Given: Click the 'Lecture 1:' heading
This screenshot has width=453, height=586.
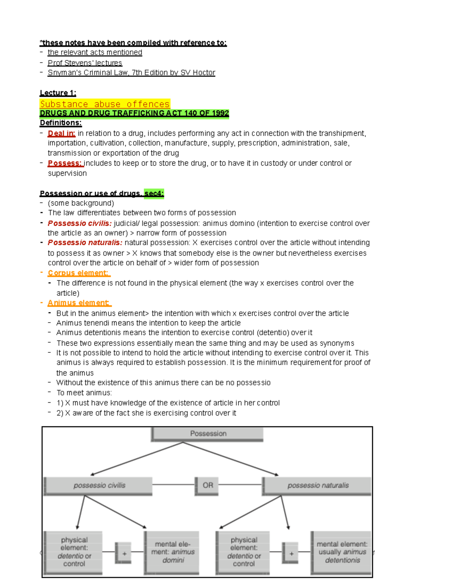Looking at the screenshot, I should click(x=58, y=93).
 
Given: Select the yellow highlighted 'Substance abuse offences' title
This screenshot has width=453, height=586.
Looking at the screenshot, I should click(x=105, y=104).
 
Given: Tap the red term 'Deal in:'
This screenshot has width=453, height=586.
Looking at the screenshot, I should click(x=61, y=133).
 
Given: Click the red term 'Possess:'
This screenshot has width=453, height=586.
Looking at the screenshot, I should click(x=65, y=163).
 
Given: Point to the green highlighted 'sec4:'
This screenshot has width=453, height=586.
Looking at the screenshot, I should click(x=154, y=193).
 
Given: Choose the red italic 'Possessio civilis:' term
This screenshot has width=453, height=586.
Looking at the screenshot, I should click(x=79, y=223).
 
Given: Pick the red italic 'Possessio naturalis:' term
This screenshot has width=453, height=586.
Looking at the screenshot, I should click(x=85, y=242).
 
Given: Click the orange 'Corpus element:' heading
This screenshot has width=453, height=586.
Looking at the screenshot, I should click(x=78, y=273).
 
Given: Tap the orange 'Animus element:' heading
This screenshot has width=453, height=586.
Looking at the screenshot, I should click(x=78, y=303).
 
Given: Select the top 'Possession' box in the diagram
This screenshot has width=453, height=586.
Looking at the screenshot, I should click(x=208, y=434).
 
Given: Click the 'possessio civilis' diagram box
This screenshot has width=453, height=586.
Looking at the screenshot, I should click(x=99, y=485).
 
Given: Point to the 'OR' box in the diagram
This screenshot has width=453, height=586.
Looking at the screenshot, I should click(x=207, y=485).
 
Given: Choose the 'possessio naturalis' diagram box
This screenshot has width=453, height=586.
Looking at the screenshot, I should click(x=317, y=485).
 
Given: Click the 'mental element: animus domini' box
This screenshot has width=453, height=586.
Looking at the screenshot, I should click(x=173, y=552).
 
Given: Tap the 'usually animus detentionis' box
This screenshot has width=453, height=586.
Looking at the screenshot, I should click(x=342, y=552).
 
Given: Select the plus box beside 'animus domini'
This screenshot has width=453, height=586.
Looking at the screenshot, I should click(x=124, y=553).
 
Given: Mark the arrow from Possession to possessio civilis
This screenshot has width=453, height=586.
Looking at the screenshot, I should click(x=136, y=458).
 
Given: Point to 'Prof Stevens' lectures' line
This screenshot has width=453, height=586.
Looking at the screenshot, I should click(x=85, y=63).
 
